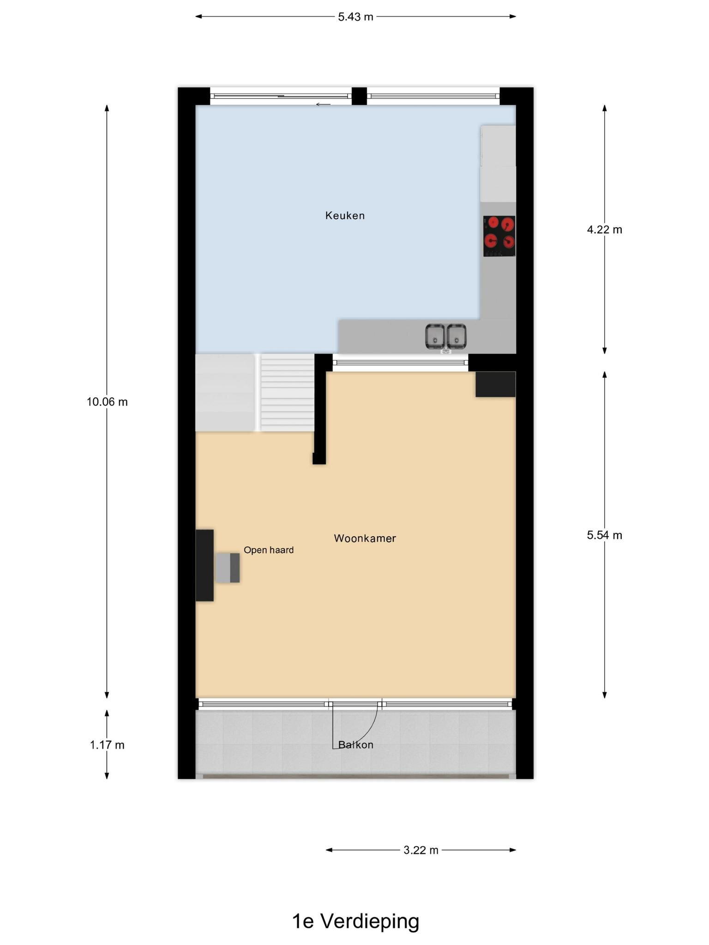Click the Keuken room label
(345, 215)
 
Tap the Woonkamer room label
(365, 538)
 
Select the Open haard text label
(269, 550)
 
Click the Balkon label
(355, 744)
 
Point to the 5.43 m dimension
(355, 17)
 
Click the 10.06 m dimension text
(107, 402)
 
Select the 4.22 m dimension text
(604, 229)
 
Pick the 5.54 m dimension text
(604, 535)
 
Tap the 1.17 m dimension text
(107, 745)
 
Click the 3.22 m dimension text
(421, 850)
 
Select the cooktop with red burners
(499, 236)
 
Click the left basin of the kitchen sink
(435, 336)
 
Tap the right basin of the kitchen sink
(456, 336)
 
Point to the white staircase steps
(287, 393)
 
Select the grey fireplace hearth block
(228, 568)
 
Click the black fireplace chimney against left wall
(204, 565)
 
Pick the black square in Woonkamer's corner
(495, 384)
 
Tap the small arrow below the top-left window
(323, 105)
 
